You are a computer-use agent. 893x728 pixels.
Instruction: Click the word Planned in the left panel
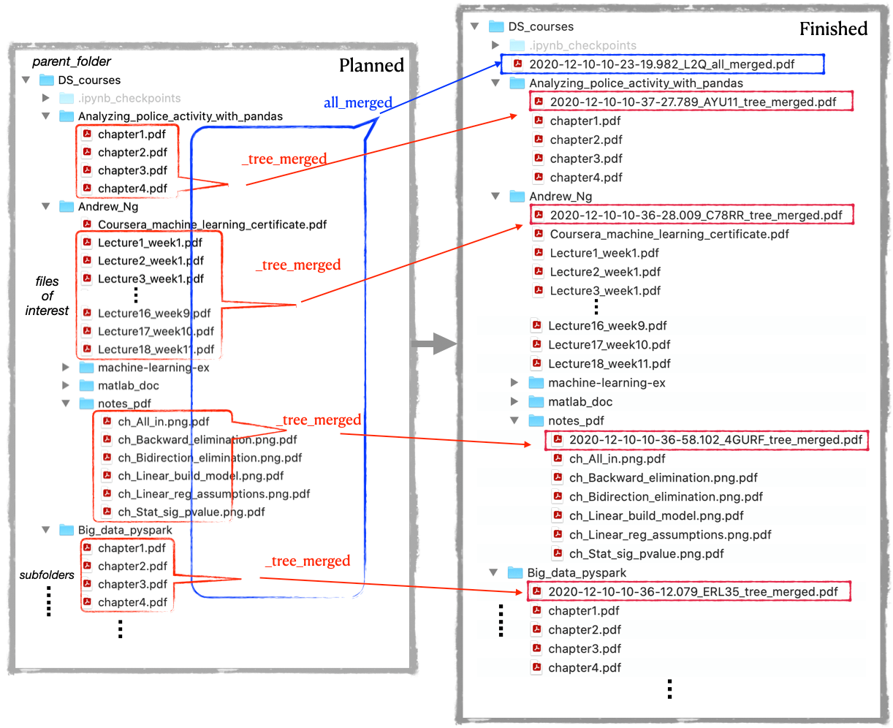click(371, 66)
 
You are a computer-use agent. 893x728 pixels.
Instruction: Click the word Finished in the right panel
click(833, 29)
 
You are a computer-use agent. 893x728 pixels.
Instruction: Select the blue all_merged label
click(357, 102)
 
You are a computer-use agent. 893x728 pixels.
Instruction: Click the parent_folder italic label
click(72, 61)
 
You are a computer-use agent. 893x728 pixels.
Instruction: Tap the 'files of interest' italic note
click(47, 295)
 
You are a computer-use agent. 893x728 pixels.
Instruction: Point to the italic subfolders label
click(47, 575)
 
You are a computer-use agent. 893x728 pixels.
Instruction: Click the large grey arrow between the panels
click(433, 344)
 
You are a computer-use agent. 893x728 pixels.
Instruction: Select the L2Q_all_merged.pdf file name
click(661, 64)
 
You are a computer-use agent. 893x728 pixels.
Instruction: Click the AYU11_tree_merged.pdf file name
click(693, 102)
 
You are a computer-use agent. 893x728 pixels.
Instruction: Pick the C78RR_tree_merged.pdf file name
click(696, 215)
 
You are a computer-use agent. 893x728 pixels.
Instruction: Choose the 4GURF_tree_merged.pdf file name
click(715, 439)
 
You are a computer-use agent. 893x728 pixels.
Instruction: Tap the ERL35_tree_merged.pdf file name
click(693, 591)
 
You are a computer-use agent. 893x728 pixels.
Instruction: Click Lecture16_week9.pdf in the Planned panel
click(154, 314)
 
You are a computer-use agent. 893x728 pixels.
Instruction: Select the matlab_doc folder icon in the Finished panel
click(536, 402)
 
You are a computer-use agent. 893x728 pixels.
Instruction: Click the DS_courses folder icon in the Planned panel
click(47, 80)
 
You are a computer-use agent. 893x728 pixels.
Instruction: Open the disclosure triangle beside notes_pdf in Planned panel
click(66, 403)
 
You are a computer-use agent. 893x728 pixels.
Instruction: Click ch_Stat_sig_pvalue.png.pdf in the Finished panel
click(646, 553)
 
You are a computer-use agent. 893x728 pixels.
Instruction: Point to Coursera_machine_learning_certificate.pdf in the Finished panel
click(669, 234)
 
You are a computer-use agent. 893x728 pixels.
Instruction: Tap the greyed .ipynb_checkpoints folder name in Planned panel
click(129, 98)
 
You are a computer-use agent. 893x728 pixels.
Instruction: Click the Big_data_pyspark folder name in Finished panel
click(576, 573)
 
